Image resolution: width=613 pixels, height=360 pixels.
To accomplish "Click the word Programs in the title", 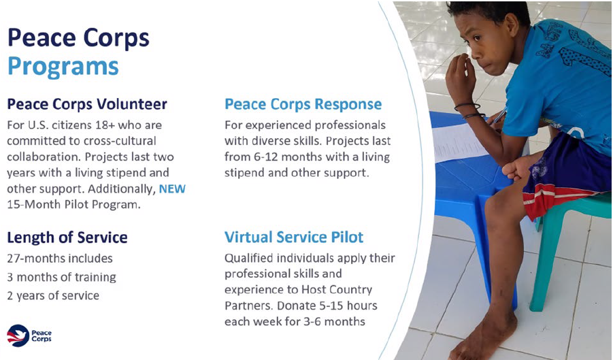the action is click(63, 67).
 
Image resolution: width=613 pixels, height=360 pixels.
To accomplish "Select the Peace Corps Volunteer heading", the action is click(87, 104).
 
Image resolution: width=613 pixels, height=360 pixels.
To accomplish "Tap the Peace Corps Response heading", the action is click(303, 104).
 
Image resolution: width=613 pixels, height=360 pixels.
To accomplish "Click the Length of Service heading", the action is click(67, 238).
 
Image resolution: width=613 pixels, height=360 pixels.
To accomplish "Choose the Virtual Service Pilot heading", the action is click(294, 238).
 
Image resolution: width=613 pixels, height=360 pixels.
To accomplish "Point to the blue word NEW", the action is click(172, 189).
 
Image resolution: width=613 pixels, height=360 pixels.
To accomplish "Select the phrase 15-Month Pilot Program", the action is click(73, 204).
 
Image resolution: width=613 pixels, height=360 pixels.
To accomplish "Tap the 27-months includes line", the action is click(60, 259).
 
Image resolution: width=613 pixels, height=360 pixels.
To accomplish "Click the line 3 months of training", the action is click(61, 277).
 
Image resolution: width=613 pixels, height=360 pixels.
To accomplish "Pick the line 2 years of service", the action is click(53, 295).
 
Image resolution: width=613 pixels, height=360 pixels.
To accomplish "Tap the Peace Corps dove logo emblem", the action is click(18, 336).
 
